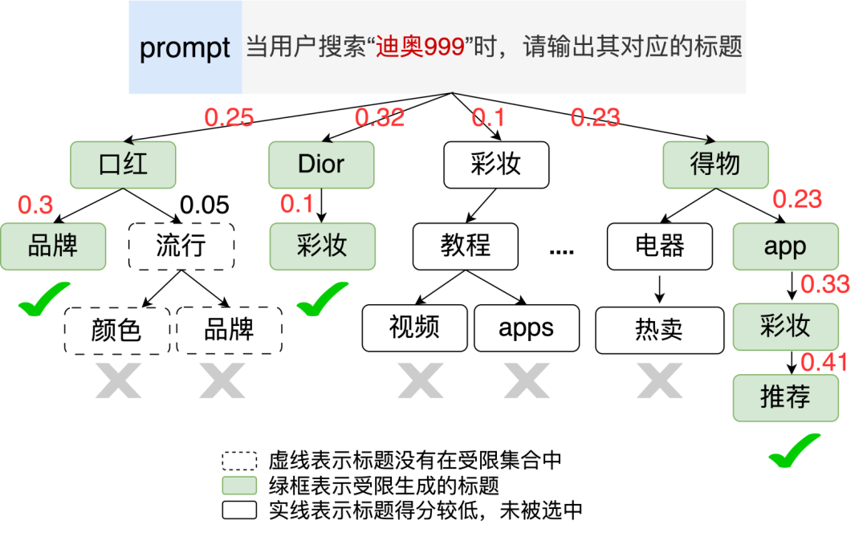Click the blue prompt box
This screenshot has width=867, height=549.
[x=185, y=47]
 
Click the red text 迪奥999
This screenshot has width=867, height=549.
[x=421, y=47]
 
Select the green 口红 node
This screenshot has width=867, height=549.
[x=122, y=165]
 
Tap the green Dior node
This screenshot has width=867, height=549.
[x=321, y=165]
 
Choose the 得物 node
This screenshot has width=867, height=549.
[x=714, y=165]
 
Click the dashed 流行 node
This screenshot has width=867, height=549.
[x=181, y=246]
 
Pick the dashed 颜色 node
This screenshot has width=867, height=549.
[x=116, y=330]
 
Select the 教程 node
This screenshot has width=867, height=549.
[x=466, y=246]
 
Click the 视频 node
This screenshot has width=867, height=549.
[x=414, y=328]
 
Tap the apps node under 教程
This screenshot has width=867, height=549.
[x=526, y=328]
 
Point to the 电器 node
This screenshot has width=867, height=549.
[x=659, y=246]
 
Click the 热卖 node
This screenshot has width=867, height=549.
[x=658, y=328]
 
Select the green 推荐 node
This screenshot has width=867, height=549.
[x=785, y=397]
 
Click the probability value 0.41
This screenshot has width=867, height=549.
[x=824, y=362]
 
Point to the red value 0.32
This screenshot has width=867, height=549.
[x=380, y=118]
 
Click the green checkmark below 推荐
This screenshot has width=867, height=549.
[x=795, y=451]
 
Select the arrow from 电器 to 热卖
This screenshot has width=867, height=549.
[x=659, y=287]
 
